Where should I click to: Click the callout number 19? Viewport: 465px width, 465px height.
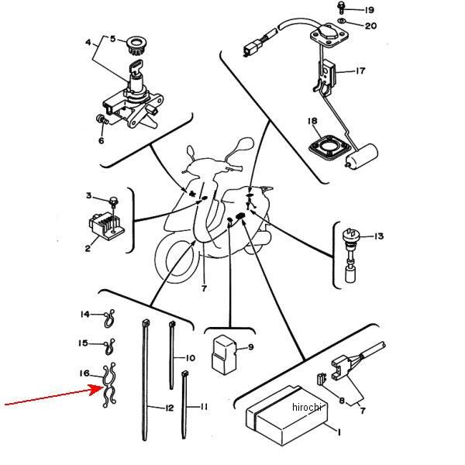369,10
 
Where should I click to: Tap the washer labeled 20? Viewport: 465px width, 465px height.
341,20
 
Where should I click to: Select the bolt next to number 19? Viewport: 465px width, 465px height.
341,8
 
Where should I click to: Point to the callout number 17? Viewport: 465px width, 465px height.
360,71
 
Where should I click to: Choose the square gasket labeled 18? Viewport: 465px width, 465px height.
327,148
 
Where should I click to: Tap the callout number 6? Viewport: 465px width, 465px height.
101,140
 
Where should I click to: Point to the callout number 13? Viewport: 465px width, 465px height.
379,236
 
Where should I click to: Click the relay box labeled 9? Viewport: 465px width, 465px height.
224,354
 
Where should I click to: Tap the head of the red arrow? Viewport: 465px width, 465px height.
100,389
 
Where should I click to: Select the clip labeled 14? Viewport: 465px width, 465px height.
108,319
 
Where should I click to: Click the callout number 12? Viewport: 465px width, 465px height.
169,408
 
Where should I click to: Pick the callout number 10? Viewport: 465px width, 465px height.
191,358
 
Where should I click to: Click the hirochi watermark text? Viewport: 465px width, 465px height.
307,407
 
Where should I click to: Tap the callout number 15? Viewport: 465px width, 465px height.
83,343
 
